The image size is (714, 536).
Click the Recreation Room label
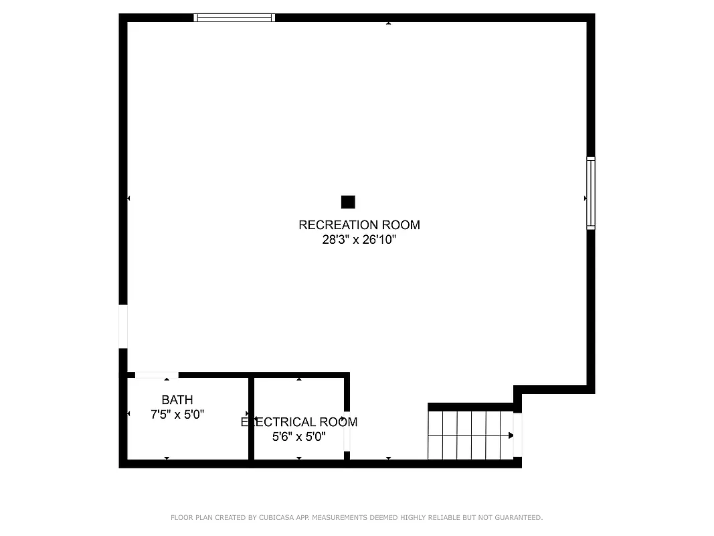coord(359,225)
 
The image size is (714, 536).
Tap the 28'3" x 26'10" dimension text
coord(359,240)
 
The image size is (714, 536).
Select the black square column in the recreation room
coord(348,202)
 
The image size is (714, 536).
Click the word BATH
coord(177,400)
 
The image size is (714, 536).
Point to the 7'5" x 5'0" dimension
coord(177,415)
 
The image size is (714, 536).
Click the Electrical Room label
coord(299,422)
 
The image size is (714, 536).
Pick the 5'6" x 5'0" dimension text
coord(299,437)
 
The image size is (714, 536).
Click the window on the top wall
coord(234,18)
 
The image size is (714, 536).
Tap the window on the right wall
coord(591,193)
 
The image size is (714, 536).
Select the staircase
coord(470,435)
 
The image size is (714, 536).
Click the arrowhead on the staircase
coord(511,435)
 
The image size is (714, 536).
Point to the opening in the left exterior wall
coord(123,326)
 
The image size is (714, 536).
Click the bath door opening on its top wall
coord(157,375)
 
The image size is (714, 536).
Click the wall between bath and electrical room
coord(251,419)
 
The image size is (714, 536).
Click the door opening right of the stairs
coord(517,435)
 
